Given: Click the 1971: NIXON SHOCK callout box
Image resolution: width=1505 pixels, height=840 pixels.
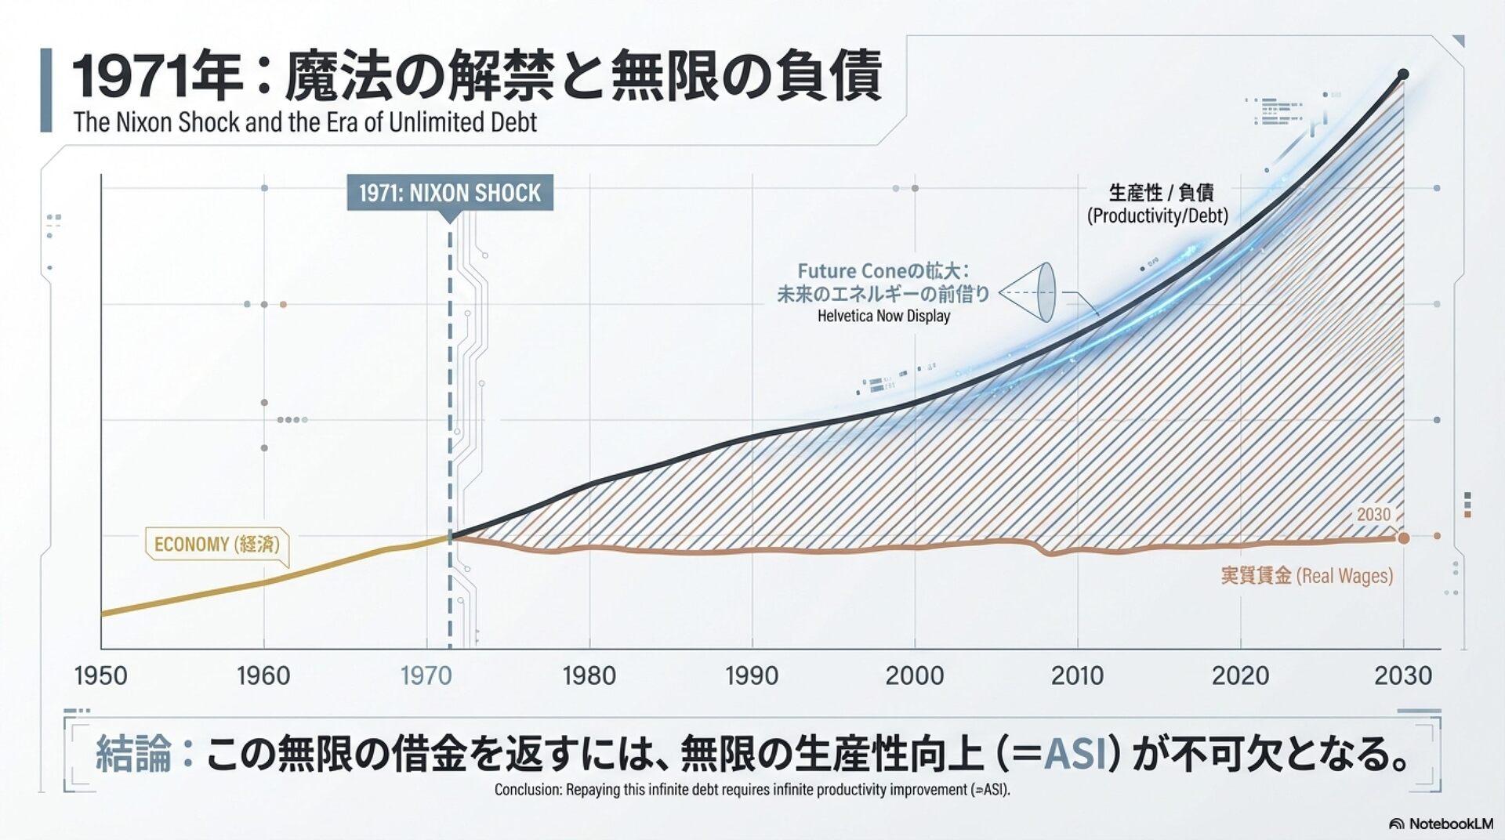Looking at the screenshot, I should click(450, 193).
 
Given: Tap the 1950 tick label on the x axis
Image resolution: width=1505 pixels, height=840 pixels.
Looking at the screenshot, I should click(100, 675).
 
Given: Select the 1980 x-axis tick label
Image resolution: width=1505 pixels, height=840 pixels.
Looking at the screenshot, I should click(589, 675).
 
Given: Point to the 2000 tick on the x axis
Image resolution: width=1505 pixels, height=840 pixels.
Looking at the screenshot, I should click(914, 675).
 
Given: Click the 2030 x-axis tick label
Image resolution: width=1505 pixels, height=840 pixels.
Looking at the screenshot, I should click(1402, 675).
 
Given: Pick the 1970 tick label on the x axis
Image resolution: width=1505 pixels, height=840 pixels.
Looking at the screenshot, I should click(426, 675).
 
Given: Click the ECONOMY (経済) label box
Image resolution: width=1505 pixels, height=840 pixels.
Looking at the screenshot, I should click(216, 545).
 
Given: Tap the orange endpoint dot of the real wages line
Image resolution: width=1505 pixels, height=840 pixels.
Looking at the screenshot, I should click(1403, 538).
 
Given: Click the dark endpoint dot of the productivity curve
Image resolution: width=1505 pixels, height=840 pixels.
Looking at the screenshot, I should click(1403, 74).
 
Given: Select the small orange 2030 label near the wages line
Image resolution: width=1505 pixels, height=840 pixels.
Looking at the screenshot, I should click(1373, 515).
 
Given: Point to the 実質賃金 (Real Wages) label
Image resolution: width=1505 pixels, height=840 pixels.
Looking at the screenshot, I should click(1307, 576).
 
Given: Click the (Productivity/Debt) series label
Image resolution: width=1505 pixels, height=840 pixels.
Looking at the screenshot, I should click(1157, 216).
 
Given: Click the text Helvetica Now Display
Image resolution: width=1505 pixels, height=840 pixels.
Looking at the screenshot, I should click(883, 317).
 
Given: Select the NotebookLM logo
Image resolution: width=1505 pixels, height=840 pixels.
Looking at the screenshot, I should click(1441, 824).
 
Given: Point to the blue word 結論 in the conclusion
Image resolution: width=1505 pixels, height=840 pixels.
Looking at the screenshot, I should click(133, 754).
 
